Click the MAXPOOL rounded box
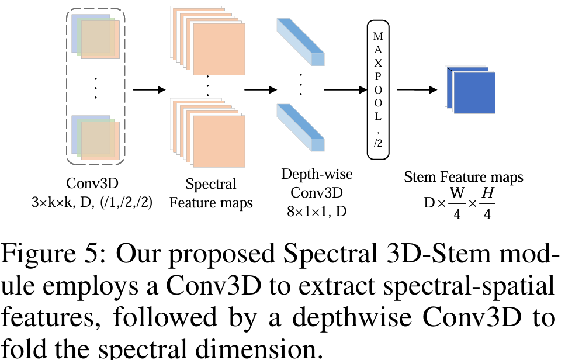pyautogui.click(x=378, y=89)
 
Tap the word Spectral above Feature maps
pyautogui.click(x=211, y=185)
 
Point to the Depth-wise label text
pyautogui.click(x=317, y=174)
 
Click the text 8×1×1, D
pyautogui.click(x=316, y=212)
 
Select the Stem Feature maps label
pyautogui.click(x=464, y=176)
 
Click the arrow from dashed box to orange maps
pyautogui.click(x=149, y=90)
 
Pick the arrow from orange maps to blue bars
pyautogui.click(x=259, y=90)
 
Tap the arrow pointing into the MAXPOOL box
pyautogui.click(x=345, y=90)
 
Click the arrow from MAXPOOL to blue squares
pyautogui.click(x=417, y=90)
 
